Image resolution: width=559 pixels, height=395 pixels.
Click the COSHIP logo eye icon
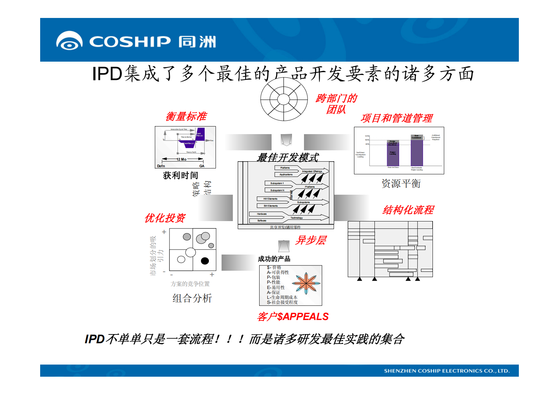(x=69, y=42)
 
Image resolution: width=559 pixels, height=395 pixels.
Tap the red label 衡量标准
(x=186, y=116)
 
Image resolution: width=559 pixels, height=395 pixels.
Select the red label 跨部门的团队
(x=336, y=104)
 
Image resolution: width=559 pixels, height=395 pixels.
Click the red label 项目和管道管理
(x=396, y=118)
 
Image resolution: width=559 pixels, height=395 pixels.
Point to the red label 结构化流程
(x=408, y=210)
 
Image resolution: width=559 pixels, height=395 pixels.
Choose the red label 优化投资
(x=164, y=218)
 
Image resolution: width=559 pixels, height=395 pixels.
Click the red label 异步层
(x=310, y=240)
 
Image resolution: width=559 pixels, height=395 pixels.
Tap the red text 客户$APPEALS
(x=293, y=317)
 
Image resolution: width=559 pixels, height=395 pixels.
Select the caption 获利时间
(x=180, y=175)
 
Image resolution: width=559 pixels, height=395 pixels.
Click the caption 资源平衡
(x=401, y=183)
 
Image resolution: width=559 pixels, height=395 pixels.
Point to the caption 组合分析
(x=192, y=299)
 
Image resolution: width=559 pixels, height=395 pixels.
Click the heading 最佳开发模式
(x=288, y=157)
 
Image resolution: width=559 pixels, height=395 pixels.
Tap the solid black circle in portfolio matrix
(x=205, y=261)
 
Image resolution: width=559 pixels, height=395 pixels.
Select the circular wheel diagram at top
(x=284, y=99)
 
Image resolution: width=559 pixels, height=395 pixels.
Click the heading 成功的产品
(x=274, y=259)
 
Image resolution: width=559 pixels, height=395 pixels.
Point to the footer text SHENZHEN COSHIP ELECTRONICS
(x=446, y=371)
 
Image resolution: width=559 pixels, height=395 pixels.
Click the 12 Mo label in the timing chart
(x=181, y=159)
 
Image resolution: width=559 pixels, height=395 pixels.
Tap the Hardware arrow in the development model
(x=262, y=214)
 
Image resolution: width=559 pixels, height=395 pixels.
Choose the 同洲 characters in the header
(x=197, y=42)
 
